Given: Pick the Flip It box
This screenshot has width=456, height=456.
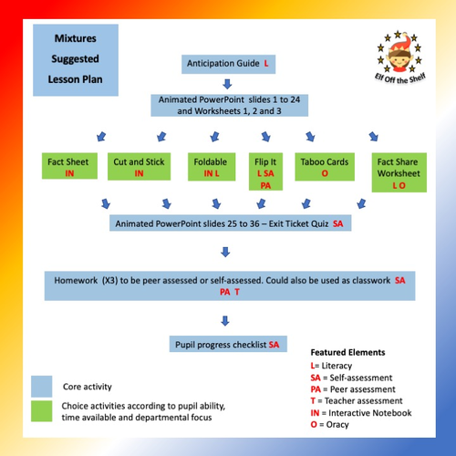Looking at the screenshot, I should click(x=266, y=171).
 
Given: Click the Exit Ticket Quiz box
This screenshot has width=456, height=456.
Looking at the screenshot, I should click(x=228, y=223).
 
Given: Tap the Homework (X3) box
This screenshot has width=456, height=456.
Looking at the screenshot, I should click(x=228, y=286).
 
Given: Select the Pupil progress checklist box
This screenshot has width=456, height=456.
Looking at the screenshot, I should click(x=228, y=345).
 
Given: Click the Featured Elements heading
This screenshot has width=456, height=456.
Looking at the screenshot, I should click(x=347, y=352).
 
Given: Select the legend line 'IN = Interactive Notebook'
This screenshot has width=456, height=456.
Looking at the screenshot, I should click(x=360, y=412).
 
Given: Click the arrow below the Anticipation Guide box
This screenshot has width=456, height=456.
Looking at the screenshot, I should click(x=227, y=86).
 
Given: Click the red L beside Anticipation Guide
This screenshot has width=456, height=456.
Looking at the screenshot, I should click(x=266, y=64).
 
